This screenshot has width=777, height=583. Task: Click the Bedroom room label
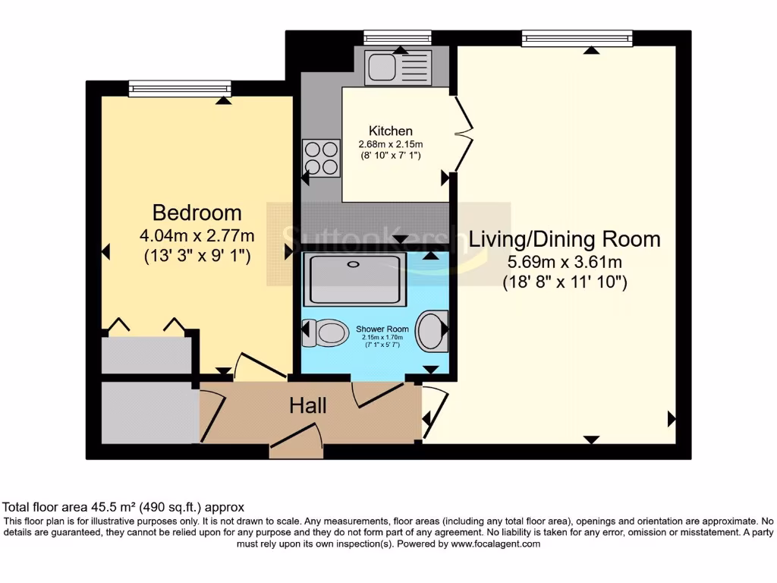click(197, 213)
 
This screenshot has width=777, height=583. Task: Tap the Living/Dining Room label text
click(565, 239)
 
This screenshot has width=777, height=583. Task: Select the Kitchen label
click(391, 131)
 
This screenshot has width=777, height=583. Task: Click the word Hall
click(308, 406)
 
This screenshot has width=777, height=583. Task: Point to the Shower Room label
click(382, 329)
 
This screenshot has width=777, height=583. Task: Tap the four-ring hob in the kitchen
click(321, 159)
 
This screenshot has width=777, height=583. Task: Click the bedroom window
click(179, 89)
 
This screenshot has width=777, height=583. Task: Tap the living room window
click(577, 38)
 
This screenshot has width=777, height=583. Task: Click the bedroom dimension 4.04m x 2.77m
click(197, 235)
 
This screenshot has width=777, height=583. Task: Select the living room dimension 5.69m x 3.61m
click(565, 263)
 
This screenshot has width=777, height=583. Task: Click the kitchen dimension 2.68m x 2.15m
click(391, 144)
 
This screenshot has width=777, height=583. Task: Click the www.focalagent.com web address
click(495, 544)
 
